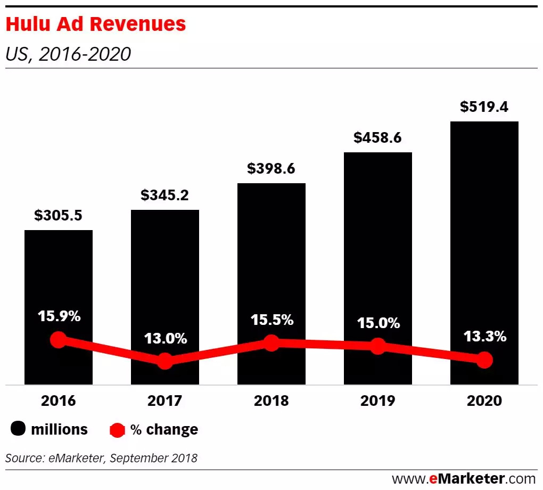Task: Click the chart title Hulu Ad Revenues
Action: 96,24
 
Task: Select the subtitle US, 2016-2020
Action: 68,54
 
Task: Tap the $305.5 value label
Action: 59,215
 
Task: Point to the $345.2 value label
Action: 165,195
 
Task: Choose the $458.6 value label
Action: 378,137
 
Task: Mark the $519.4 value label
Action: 484,107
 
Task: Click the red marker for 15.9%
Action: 59,340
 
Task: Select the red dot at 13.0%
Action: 165,361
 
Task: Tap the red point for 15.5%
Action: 271,343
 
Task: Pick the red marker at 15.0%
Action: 378,346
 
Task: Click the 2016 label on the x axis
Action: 59,401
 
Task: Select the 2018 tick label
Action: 271,401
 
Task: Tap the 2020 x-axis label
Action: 484,401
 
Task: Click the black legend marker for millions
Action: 18,429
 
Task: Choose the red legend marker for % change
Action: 118,429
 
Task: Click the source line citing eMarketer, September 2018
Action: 101,458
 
